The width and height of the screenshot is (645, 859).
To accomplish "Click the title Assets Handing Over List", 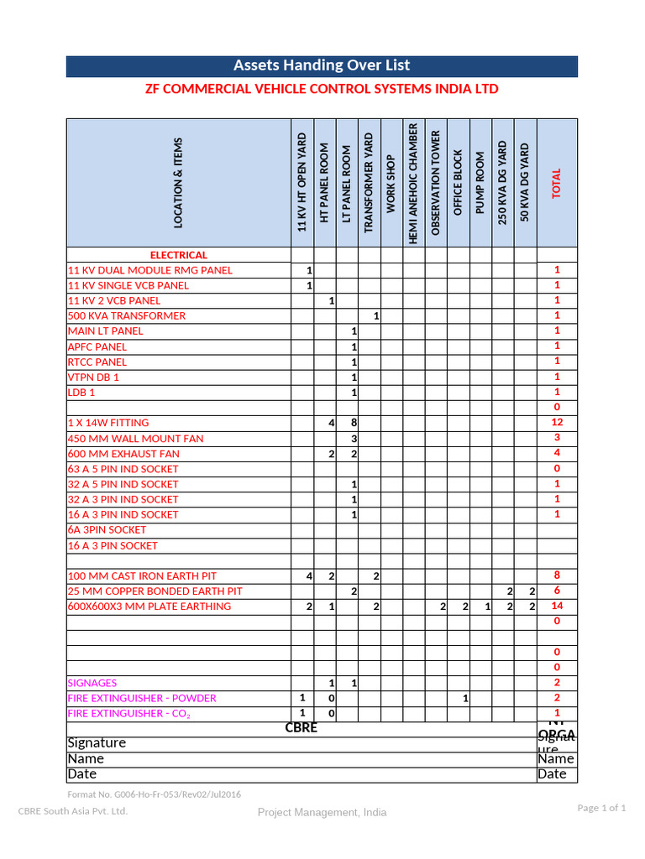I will (322, 65).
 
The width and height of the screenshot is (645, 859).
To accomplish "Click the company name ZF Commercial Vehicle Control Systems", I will (322, 89).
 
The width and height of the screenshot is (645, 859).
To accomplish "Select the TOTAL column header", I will (556, 184).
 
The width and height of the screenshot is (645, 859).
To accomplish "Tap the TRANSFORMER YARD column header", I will (370, 182).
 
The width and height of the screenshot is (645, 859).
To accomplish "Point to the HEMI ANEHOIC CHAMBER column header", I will (413, 184).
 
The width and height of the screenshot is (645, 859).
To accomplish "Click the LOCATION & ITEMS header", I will (178, 183).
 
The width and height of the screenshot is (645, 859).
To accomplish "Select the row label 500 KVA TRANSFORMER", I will (127, 316).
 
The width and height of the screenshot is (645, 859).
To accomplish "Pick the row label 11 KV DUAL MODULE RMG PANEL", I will (150, 270).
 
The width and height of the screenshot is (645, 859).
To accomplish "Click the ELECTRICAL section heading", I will (178, 255).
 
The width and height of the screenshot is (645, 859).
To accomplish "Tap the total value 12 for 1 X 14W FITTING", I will (557, 423).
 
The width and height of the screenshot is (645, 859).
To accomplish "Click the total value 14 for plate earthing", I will (557, 606).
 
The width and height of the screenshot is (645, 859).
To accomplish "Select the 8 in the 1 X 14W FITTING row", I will (354, 423).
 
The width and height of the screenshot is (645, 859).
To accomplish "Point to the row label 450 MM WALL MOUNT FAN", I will (135, 439).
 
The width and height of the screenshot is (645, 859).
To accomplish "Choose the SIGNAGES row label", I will (92, 683).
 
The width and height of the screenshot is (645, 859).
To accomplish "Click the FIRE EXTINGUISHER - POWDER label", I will (142, 698).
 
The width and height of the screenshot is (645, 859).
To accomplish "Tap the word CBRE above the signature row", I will (302, 728).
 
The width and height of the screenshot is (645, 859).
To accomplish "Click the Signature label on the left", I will (97, 742).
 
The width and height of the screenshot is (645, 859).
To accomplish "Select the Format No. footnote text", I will (154, 794).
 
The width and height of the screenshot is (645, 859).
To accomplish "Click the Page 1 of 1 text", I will (601, 808).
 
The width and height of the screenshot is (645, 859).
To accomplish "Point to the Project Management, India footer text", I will (322, 812).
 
